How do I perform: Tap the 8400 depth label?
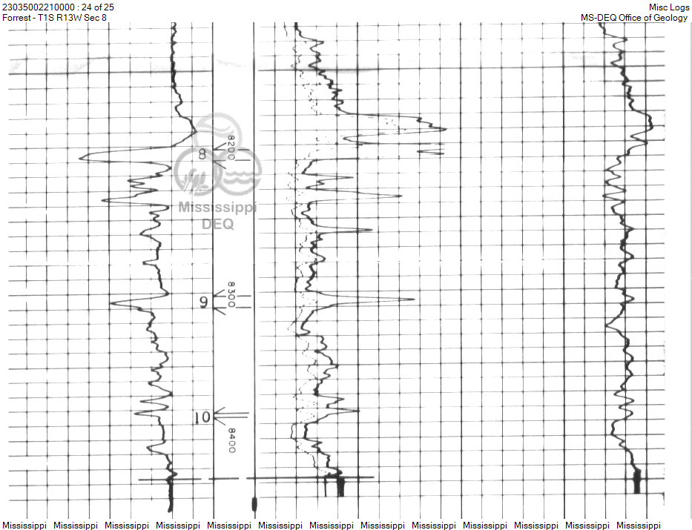(231, 440)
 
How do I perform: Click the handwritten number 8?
(202, 154)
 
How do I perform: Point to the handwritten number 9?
(203, 302)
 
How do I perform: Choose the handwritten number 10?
(202, 417)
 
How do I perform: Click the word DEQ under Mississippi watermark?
(218, 223)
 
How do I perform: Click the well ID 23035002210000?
(39, 7)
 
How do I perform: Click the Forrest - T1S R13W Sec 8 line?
(54, 18)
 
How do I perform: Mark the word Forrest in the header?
(18, 18)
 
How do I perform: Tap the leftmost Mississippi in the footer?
(24, 525)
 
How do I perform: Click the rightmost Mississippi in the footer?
(638, 525)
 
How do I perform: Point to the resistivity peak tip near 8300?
(414, 299)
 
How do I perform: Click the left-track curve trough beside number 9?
(111, 303)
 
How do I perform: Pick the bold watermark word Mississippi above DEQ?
(217, 208)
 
